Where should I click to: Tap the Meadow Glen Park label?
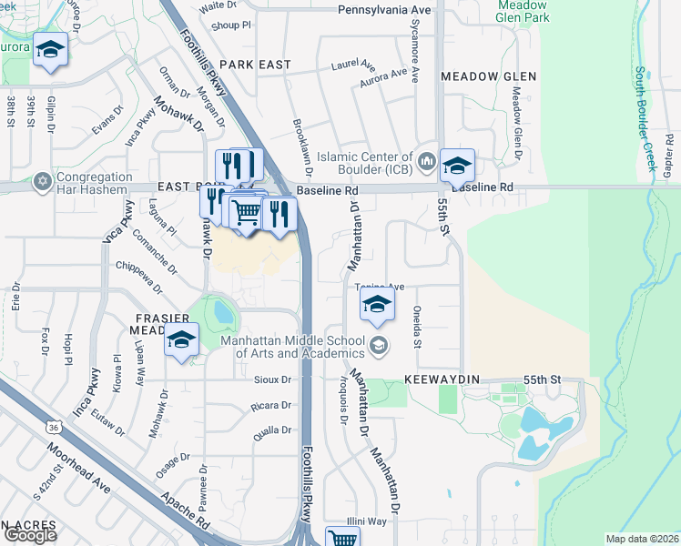pyautogui.click(x=523, y=11)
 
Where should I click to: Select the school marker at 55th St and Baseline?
pyautogui.click(x=457, y=166)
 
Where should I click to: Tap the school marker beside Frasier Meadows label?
pyautogui.click(x=181, y=340)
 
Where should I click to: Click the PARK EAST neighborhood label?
pyautogui.click(x=255, y=66)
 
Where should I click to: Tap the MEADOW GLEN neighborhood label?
pyautogui.click(x=488, y=77)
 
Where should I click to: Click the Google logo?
pyautogui.click(x=30, y=535)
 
